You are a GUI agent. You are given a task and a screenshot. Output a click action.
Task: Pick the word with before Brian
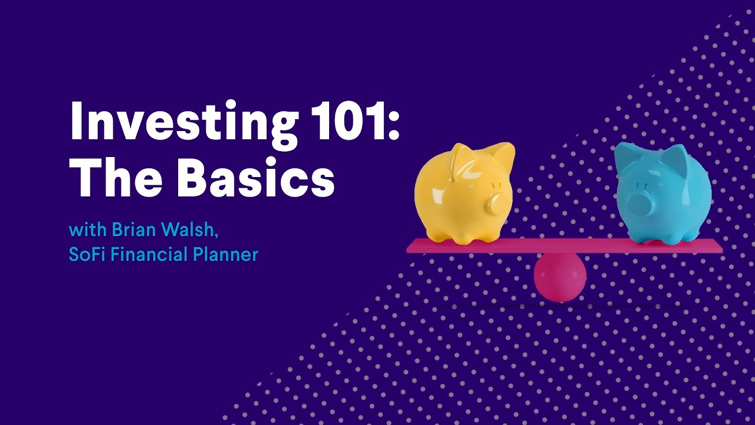coord(88,230)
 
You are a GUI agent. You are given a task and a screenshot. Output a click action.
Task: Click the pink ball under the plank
coord(560,276)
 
